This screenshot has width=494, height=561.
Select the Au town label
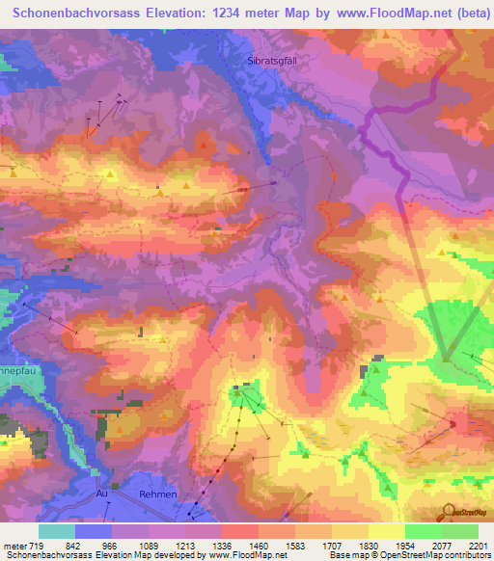pos(101,494)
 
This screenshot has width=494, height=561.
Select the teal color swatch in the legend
pos(57,531)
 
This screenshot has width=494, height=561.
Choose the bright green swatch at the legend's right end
pos(460,531)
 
